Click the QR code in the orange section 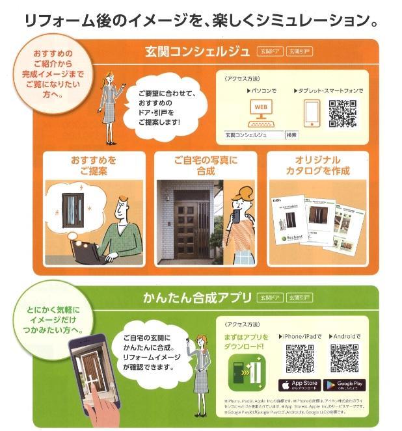coord(343,112)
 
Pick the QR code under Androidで coord(344,357)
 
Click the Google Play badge coord(344,385)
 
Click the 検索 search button coord(291,135)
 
